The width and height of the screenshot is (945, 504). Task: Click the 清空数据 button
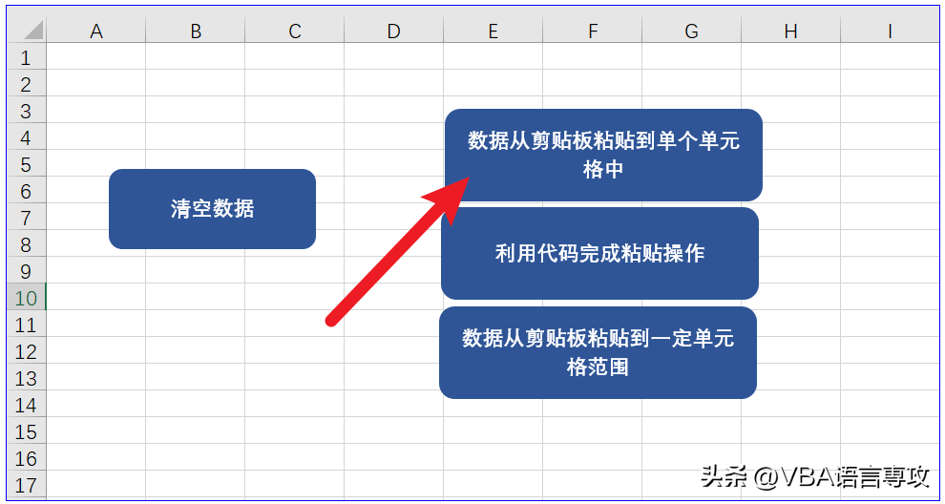pos(212,209)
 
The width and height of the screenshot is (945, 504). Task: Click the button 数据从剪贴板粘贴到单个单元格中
pos(603,155)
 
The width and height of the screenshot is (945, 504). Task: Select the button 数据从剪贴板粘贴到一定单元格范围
pos(598,352)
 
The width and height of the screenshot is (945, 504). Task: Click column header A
pos(95,31)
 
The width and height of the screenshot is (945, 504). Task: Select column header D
pos(393,31)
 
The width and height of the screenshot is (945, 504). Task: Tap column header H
pos(790,31)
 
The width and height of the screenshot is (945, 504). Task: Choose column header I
pos(890,31)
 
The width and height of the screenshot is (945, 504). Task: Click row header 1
pos(26,58)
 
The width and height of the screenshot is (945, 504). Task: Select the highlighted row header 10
pos(26,298)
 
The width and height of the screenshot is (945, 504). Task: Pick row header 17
pos(26,485)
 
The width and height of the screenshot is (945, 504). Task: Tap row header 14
pos(26,405)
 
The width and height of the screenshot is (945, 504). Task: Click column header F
pos(593,31)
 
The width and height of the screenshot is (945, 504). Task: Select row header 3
pos(26,111)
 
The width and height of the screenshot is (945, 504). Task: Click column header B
pos(196,31)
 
